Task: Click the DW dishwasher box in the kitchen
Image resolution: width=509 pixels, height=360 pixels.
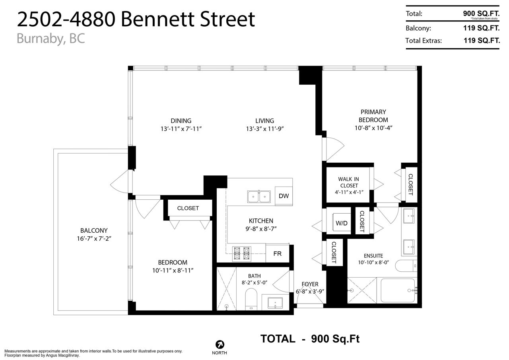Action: coord(284,196)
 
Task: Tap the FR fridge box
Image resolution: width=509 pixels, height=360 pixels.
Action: coord(278,253)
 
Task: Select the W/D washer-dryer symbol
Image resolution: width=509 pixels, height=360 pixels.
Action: coord(342,223)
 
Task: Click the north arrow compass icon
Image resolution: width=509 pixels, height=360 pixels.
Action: coord(220,344)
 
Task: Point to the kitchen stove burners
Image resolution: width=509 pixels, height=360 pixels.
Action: coord(241,253)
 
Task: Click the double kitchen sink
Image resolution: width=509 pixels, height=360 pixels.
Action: coord(259,197)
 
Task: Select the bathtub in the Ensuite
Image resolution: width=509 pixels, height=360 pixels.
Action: coord(398,290)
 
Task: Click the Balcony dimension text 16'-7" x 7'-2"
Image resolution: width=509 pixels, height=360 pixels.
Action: coord(94,239)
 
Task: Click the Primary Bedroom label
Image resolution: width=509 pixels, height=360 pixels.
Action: coord(373,116)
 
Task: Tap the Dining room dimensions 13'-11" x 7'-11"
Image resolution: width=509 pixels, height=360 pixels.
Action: coord(181,129)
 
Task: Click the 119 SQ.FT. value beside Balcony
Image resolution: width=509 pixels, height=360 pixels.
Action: coord(482,28)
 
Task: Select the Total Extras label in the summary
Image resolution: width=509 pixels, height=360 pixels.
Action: coord(424,41)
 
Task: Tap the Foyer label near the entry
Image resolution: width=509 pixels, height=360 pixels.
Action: coord(310,284)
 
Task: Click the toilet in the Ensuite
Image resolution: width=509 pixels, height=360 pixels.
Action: coord(406,266)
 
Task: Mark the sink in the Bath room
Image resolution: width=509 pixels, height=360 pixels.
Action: coord(275,303)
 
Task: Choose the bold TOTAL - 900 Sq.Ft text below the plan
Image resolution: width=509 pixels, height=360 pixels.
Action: coord(310,339)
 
